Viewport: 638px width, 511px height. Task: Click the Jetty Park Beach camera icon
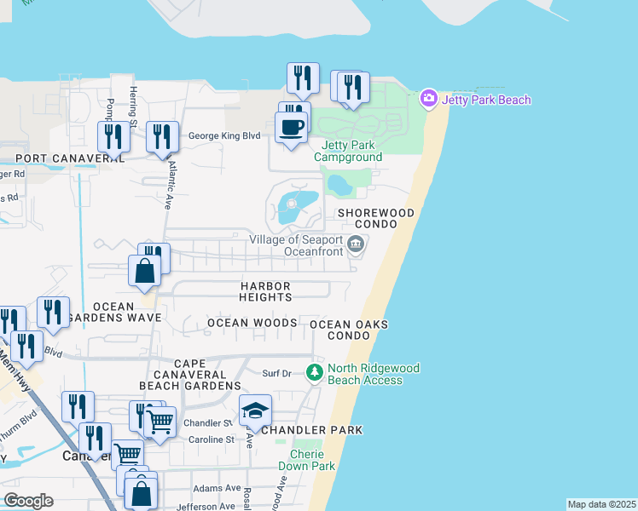coord(429,100)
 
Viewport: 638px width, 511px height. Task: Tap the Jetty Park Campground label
coord(348,151)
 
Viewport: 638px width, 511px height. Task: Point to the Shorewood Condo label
coord(375,218)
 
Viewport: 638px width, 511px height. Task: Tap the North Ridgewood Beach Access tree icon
coord(315,372)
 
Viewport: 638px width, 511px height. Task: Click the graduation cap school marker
coord(255,412)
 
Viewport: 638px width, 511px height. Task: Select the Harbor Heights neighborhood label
coord(265,291)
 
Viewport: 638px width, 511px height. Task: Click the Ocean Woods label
coord(252,323)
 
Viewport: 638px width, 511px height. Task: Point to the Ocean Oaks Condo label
coord(349,330)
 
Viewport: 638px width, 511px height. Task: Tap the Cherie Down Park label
coord(307,460)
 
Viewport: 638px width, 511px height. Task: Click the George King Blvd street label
coord(223,135)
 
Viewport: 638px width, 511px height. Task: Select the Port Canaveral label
coord(70,158)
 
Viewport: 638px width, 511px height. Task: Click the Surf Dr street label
coord(277,373)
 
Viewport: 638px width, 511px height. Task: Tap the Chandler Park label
coord(312,430)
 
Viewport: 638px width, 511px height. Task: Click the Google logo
coord(28,501)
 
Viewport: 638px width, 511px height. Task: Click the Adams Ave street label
coord(217,488)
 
